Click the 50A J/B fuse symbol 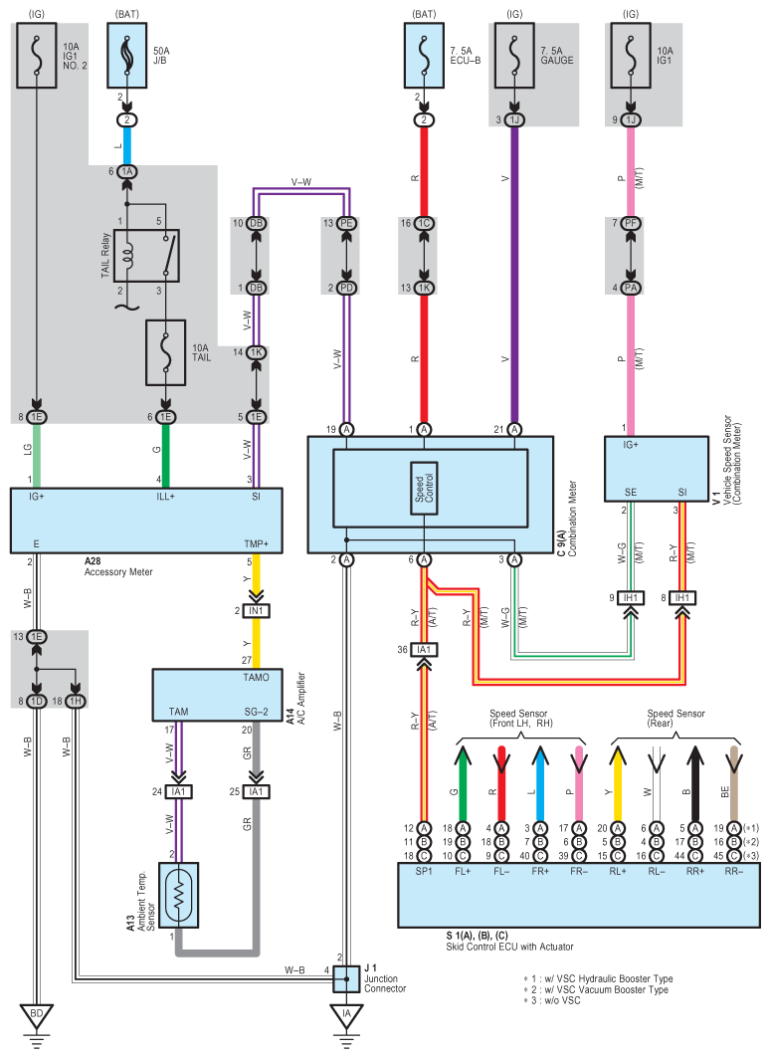click(127, 56)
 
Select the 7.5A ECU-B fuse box click(424, 56)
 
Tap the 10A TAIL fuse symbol click(166, 352)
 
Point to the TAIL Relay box click(146, 256)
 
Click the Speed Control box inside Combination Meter click(424, 488)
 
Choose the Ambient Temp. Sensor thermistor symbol click(179, 895)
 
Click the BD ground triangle click(37, 1015)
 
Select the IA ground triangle click(346, 1015)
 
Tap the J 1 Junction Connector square click(346, 977)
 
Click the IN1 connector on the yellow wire click(257, 611)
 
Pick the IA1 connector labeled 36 click(424, 650)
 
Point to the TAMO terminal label click(257, 678)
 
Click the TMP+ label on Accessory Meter click(257, 543)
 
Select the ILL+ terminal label click(166, 497)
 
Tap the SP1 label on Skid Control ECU click(424, 871)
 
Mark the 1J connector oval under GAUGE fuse click(514, 120)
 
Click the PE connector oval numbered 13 click(346, 223)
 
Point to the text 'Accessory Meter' click(118, 572)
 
